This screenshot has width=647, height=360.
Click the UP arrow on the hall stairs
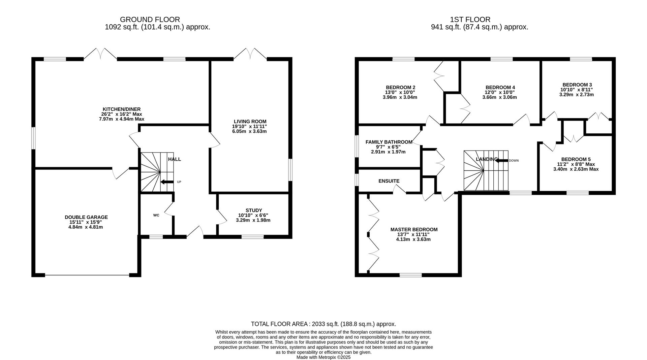pyautogui.click(x=167, y=182)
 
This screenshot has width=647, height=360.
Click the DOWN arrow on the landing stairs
pyautogui.click(x=501, y=160)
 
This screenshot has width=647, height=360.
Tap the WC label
pyautogui.click(x=156, y=215)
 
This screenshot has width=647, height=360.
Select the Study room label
pyautogui.click(x=254, y=210)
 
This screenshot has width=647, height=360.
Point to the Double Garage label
pyautogui.click(x=86, y=217)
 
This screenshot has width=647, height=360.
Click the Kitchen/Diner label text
pyautogui.click(x=122, y=109)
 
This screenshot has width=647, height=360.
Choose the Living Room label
pyautogui.click(x=250, y=122)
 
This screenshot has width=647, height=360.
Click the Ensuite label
pyautogui.click(x=389, y=181)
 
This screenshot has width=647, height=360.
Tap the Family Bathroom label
pyautogui.click(x=389, y=142)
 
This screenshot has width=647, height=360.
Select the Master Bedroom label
pyautogui.click(x=414, y=230)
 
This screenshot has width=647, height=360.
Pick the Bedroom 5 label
pyautogui.click(x=576, y=159)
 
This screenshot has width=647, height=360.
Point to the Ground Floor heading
pyautogui.click(x=150, y=20)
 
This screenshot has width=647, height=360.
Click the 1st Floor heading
pyautogui.click(x=470, y=20)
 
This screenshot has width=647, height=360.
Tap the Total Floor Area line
pyautogui.click(x=323, y=324)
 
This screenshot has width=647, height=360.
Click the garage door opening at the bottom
pyautogui.click(x=87, y=275)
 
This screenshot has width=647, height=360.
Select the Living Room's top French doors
pyautogui.click(x=250, y=54)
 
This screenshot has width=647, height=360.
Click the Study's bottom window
pyautogui.click(x=253, y=237)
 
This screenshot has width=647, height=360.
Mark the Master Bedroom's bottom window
pyautogui.click(x=410, y=275)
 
